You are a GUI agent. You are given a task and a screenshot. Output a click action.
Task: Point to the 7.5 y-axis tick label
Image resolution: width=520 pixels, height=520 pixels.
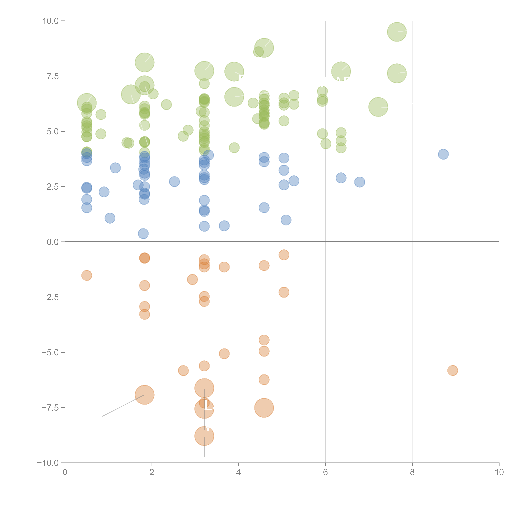click(53, 76)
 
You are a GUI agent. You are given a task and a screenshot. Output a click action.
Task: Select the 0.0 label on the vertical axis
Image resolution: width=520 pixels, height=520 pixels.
click(53, 242)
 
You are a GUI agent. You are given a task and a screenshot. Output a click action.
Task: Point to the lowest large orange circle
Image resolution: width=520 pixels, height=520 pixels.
click(204, 436)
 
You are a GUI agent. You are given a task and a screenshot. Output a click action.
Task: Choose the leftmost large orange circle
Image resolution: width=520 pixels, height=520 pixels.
click(145, 395)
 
